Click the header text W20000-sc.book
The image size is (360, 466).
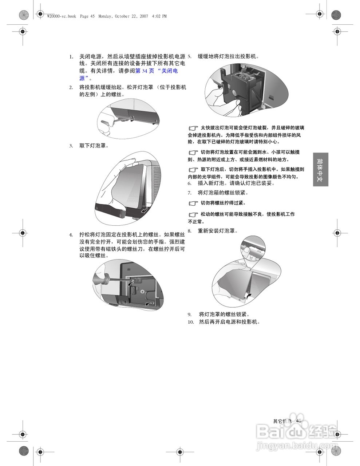[x=62, y=16]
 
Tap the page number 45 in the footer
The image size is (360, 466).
[x=299, y=420]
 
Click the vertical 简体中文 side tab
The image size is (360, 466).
[x=320, y=170]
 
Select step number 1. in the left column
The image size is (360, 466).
[x=71, y=57]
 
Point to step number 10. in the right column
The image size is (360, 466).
[x=191, y=322]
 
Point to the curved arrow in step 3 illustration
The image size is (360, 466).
[x=145, y=210]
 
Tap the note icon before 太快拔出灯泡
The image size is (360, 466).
[x=193, y=128]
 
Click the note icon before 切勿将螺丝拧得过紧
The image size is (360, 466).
[x=193, y=203]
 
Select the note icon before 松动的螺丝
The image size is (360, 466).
[x=193, y=214]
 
